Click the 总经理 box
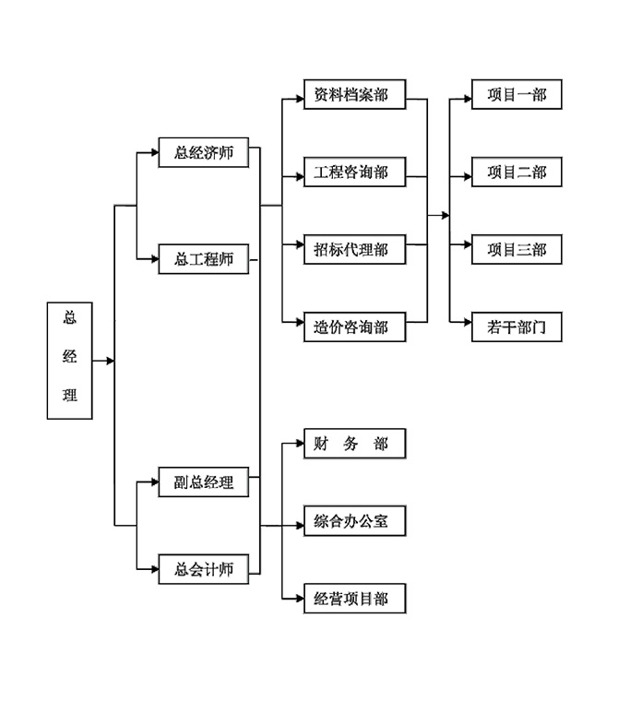70,361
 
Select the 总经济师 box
204,152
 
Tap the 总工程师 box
204,259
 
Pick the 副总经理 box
204,481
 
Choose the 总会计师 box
204,569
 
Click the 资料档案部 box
354,94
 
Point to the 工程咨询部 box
354,172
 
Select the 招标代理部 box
354,249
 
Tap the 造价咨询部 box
354,327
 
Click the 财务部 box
354,444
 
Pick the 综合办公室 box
354,521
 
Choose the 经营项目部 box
354,599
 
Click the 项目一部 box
517,94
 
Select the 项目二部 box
517,172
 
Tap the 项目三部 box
517,249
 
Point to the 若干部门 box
517,327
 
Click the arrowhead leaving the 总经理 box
110,361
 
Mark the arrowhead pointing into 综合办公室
300,526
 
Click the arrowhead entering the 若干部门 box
468,322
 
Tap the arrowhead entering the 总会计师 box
154,569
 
